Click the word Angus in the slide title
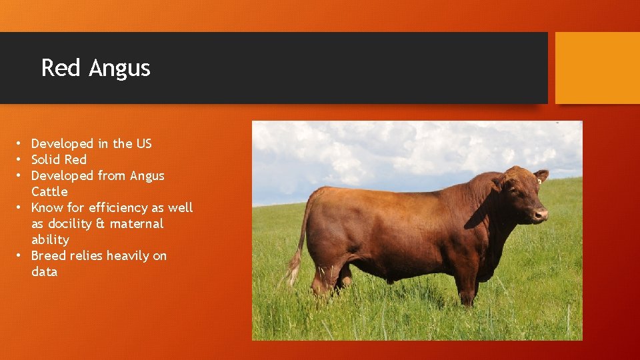[120, 69]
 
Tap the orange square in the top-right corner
[597, 68]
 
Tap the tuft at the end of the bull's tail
[293, 271]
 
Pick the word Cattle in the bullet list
[49, 191]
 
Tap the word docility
[71, 223]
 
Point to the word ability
[50, 240]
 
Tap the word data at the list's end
[44, 271]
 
